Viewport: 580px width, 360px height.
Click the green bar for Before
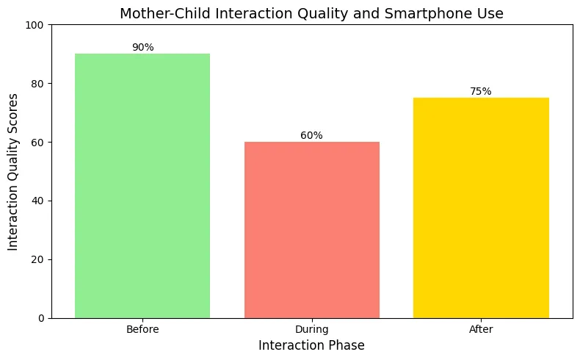(142, 186)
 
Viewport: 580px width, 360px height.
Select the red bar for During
(312, 230)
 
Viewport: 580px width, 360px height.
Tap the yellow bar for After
(481, 208)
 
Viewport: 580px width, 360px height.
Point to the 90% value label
(142, 47)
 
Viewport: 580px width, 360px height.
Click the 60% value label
(311, 135)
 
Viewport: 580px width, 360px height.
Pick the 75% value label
(480, 91)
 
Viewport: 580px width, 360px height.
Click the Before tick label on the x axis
(142, 329)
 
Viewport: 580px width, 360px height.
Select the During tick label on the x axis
(312, 329)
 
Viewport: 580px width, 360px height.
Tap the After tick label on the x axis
(481, 329)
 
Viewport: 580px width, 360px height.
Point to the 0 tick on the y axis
(41, 319)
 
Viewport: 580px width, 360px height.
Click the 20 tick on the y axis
(37, 260)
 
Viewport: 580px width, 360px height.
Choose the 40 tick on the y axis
(37, 201)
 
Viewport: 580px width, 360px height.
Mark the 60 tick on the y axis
(37, 143)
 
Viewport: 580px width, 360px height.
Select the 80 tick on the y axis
(37, 84)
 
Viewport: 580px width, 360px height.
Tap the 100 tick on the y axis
(35, 25)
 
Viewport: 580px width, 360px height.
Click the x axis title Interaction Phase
(311, 345)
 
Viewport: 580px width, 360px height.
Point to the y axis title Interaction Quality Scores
(12, 172)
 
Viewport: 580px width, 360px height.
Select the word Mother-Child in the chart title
(166, 14)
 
